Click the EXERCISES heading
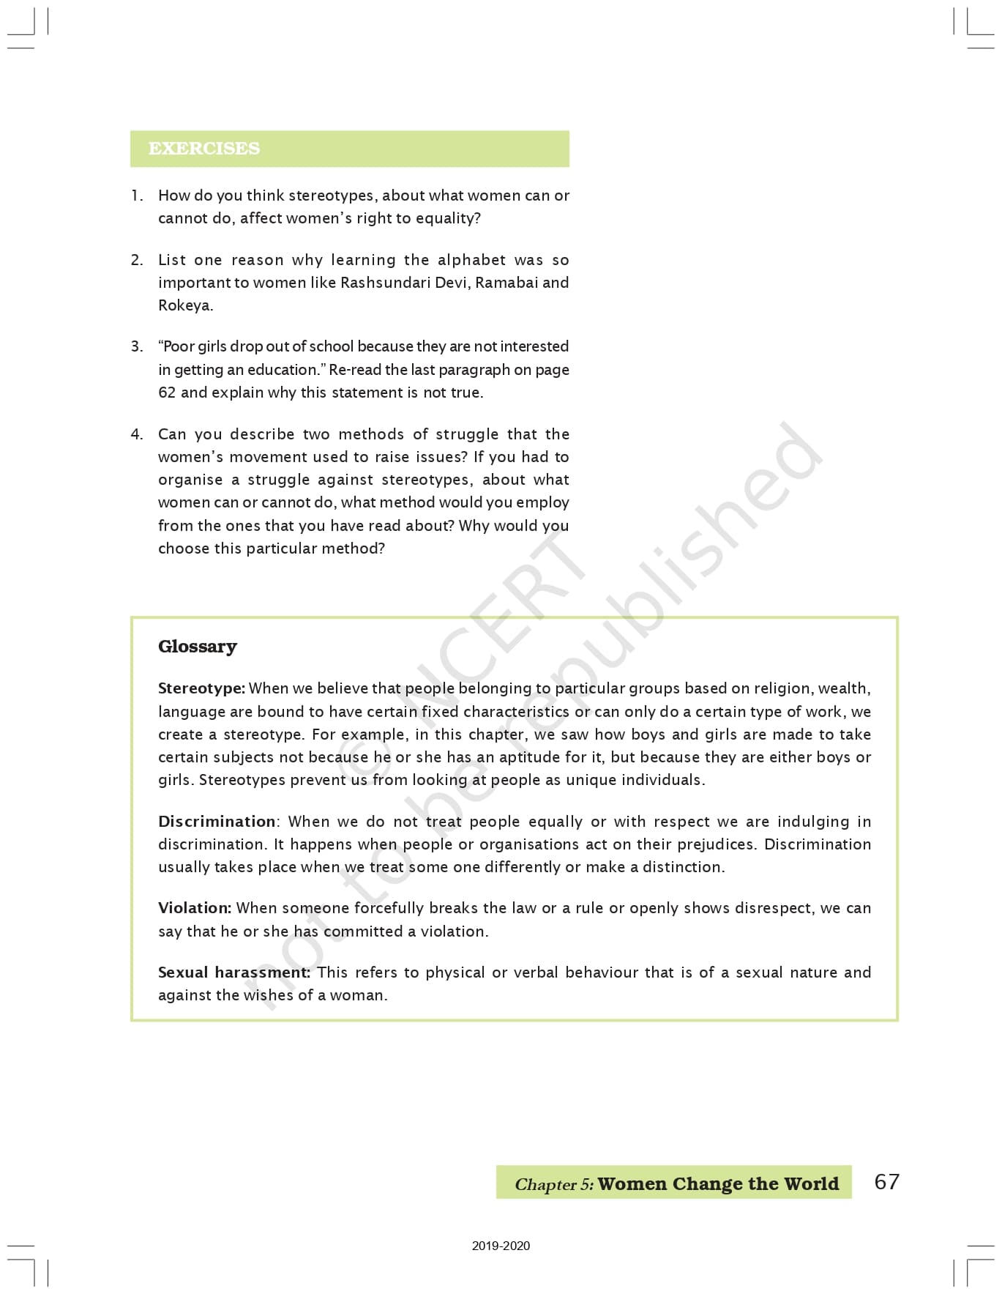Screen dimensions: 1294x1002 [x=204, y=149]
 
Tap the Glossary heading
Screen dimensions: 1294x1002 [x=198, y=647]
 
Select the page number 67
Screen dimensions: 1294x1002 [x=886, y=1181]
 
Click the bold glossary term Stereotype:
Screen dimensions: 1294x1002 [x=201, y=688]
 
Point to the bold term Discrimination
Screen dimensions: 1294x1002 [x=217, y=822]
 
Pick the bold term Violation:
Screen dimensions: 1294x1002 [x=195, y=908]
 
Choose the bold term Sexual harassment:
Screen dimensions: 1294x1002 [x=234, y=973]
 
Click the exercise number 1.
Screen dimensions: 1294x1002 [x=136, y=196]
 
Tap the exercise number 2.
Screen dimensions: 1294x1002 [x=137, y=260]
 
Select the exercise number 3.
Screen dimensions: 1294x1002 [x=137, y=346]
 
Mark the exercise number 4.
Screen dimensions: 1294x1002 [x=137, y=434]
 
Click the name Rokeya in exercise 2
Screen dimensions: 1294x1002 [x=184, y=305]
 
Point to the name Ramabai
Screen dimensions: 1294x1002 [x=506, y=283]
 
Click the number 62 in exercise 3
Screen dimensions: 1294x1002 [x=167, y=393]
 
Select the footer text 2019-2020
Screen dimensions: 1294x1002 [x=501, y=1246]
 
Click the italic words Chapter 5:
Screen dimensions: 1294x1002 [x=554, y=1184]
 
